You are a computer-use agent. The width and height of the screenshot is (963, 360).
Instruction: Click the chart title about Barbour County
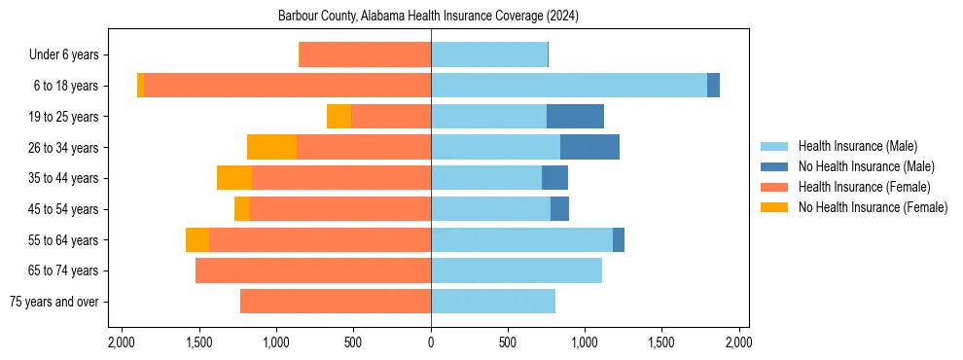428,17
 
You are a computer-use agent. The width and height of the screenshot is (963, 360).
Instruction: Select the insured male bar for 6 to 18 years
569,86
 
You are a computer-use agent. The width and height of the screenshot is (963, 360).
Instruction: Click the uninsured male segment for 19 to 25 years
575,117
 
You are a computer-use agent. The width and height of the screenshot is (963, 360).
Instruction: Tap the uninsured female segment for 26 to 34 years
271,147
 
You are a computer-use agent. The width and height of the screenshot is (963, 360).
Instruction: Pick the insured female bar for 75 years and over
336,302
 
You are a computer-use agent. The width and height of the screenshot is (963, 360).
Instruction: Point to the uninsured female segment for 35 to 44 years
234,178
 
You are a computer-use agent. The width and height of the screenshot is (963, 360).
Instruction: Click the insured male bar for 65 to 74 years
517,270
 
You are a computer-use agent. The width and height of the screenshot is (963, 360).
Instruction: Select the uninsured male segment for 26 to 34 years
589,147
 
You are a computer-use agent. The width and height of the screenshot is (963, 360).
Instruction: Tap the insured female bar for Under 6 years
365,54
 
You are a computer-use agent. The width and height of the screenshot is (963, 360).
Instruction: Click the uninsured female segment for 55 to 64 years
197,239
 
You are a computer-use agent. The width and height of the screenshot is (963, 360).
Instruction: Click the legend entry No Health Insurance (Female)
873,207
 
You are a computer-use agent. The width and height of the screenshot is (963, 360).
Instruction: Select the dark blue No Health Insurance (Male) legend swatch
774,166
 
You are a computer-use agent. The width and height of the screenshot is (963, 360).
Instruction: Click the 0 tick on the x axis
431,342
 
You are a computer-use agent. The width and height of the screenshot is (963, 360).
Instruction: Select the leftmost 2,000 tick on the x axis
122,342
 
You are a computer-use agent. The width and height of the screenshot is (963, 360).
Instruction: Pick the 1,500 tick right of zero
661,342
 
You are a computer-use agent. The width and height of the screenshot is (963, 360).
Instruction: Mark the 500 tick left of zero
353,342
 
